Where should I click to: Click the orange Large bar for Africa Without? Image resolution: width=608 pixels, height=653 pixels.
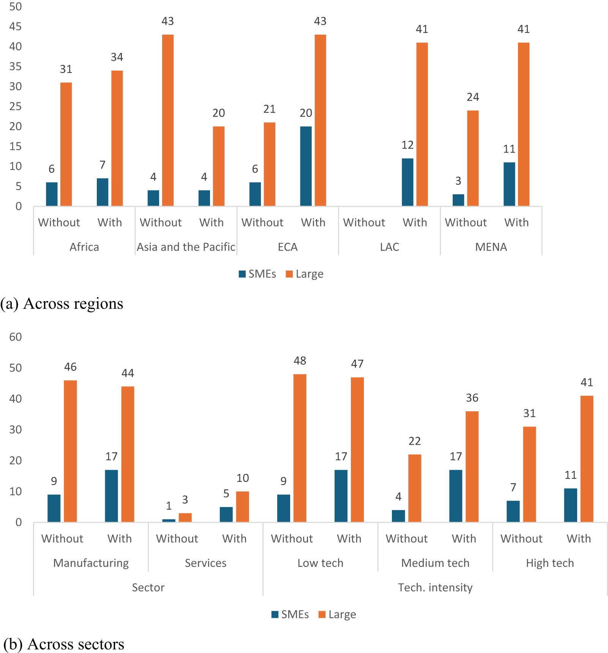point(66,144)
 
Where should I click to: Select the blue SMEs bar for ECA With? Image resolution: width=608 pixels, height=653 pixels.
point(306,166)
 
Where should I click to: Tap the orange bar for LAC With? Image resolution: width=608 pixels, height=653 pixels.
point(422,124)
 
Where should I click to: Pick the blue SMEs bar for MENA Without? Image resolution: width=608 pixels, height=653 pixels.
point(458,200)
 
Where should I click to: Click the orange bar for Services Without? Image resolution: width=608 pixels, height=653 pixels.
point(185,518)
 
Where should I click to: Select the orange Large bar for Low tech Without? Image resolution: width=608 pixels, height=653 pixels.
point(300,448)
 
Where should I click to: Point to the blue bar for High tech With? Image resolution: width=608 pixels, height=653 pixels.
point(570,505)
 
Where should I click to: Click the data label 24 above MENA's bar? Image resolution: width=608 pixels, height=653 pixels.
point(473,97)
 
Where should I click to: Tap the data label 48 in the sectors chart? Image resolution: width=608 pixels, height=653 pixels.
point(300,361)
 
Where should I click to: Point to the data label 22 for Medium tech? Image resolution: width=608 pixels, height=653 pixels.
point(415,441)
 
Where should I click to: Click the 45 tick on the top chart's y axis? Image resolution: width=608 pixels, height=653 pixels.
point(16,27)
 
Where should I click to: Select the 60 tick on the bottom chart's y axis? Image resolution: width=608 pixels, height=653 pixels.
point(16,337)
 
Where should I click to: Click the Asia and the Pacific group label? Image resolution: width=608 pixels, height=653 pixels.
point(186,247)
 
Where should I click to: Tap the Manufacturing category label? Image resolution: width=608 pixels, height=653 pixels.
point(91,563)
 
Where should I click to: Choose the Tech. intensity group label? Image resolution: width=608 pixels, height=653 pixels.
point(435,587)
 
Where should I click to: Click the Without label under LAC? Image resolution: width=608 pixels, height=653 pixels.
point(364,222)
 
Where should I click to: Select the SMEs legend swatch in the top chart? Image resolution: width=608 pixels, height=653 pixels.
point(242,274)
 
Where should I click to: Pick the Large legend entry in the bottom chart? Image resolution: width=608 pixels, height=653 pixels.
point(337,614)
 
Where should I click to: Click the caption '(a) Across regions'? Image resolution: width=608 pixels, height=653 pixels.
point(62,304)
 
